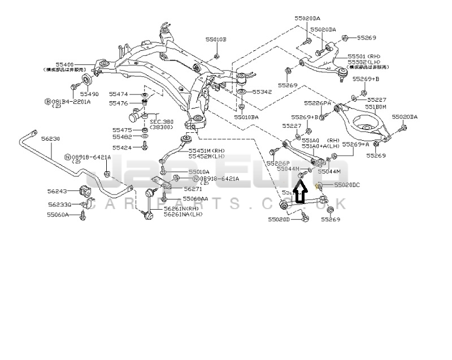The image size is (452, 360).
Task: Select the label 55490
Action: click(x=89, y=93)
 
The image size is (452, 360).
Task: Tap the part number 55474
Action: click(x=119, y=94)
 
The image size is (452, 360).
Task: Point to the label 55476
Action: click(x=119, y=103)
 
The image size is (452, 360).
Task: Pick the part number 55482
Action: click(x=122, y=137)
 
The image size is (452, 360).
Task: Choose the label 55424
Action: click(x=122, y=148)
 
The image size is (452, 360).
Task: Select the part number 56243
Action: click(x=57, y=191)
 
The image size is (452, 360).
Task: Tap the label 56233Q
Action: click(x=59, y=205)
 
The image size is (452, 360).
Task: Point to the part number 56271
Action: click(x=193, y=189)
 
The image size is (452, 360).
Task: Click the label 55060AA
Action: click(x=195, y=199)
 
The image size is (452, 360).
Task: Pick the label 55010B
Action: click(x=215, y=40)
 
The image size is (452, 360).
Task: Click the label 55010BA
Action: click(x=247, y=117)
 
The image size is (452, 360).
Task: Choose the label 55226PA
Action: click(x=317, y=103)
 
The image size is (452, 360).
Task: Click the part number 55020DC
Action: click(x=347, y=185)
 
